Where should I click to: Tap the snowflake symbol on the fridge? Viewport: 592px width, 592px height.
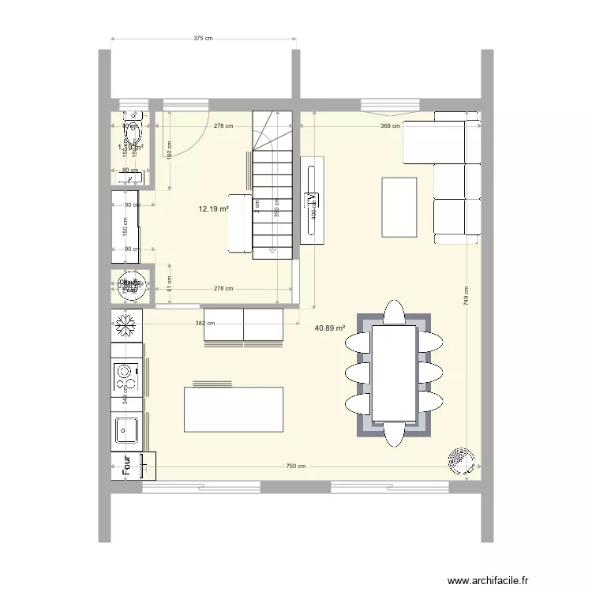pyautogui.click(x=126, y=324)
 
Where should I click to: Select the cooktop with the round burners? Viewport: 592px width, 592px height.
pyautogui.click(x=124, y=377)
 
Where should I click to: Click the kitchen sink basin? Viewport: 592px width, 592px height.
pyautogui.click(x=125, y=430)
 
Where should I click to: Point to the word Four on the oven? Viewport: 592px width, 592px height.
pyautogui.click(x=125, y=466)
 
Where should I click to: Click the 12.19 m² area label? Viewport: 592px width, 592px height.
pyautogui.click(x=213, y=209)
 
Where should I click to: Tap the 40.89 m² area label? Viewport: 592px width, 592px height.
pyautogui.click(x=331, y=328)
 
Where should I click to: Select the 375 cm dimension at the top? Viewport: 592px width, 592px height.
pyautogui.click(x=204, y=38)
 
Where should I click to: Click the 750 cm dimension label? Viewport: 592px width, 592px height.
pyautogui.click(x=295, y=466)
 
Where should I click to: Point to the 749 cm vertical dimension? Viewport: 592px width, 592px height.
pyautogui.click(x=466, y=295)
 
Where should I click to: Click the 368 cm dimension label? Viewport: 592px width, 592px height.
pyautogui.click(x=390, y=126)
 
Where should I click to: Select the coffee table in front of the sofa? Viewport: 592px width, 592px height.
pyautogui.click(x=399, y=207)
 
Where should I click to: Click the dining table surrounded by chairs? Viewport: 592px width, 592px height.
pyautogui.click(x=394, y=373)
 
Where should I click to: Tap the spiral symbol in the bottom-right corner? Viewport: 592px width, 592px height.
pyautogui.click(x=459, y=460)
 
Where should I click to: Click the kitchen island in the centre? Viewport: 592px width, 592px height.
pyautogui.click(x=233, y=409)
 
